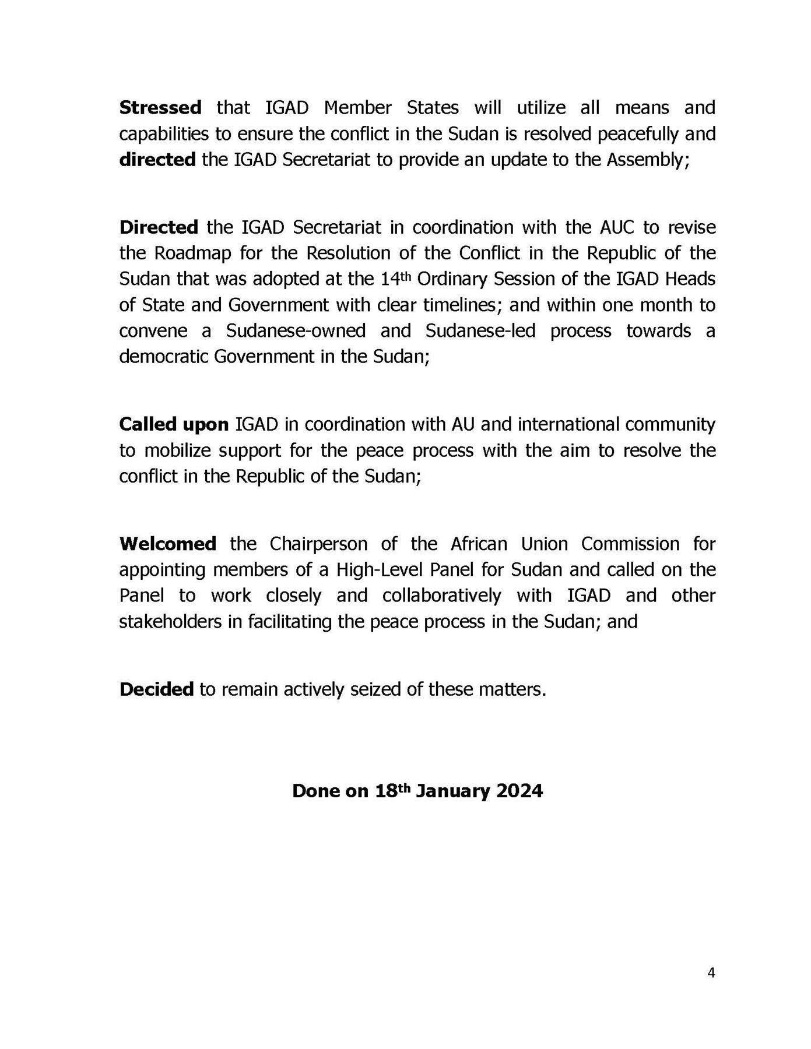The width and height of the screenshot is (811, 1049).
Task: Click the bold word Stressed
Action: pyautogui.click(x=160, y=108)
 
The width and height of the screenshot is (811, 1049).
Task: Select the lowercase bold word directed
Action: pyautogui.click(x=157, y=160)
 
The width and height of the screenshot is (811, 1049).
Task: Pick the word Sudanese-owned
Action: pyautogui.click(x=296, y=330)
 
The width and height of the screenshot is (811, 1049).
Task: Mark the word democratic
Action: pyautogui.click(x=163, y=356)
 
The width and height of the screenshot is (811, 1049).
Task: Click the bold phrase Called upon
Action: pyautogui.click(x=174, y=424)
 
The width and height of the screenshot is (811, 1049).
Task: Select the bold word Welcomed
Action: pyautogui.click(x=167, y=544)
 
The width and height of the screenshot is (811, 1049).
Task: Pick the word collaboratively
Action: pyautogui.click(x=441, y=596)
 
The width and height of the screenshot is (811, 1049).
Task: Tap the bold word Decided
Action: pyautogui.click(x=156, y=689)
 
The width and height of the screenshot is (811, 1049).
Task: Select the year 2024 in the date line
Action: pyautogui.click(x=519, y=791)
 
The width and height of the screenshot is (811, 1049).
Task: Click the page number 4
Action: pyautogui.click(x=711, y=973)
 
